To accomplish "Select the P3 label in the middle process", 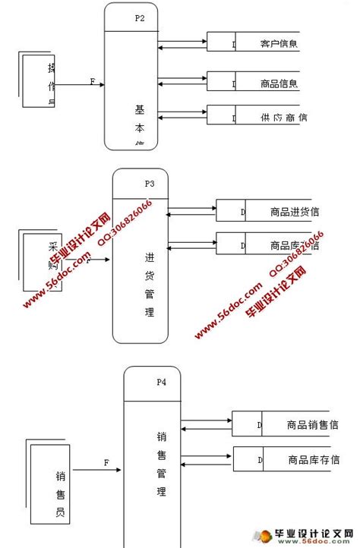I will [x=150, y=184].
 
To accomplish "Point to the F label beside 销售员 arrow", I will [x=106, y=462].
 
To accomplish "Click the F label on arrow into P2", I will [x=93, y=81].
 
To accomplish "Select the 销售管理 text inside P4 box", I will [x=161, y=463].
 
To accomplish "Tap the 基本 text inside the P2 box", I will [x=139, y=118].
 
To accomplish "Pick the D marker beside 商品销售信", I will [x=259, y=425].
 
